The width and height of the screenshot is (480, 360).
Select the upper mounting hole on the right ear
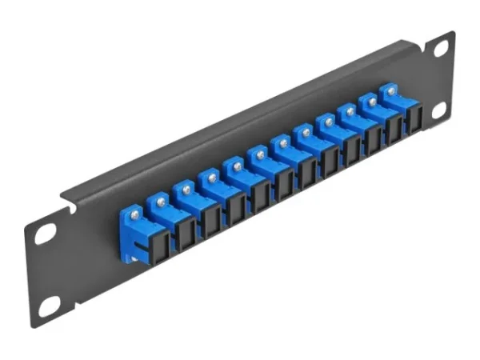pyautogui.click(x=440, y=50)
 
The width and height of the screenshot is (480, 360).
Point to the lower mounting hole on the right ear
pyautogui.click(x=438, y=111)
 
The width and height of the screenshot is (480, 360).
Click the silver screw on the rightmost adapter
pyautogui.click(x=391, y=92)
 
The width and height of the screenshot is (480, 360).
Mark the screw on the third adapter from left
pyautogui.click(x=186, y=189)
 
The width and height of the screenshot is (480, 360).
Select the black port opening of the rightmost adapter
pyautogui.click(x=414, y=118)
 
